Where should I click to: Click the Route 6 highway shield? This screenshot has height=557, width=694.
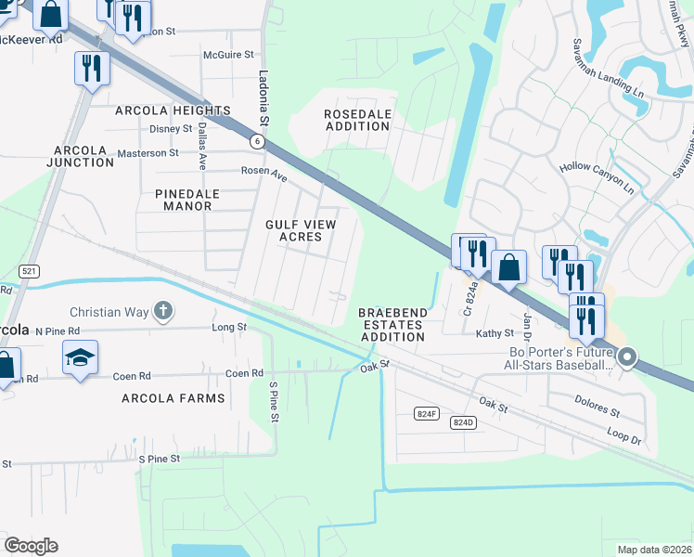(257, 141)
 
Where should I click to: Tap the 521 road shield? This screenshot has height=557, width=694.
(29, 270)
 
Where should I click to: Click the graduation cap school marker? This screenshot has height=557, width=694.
(80, 357)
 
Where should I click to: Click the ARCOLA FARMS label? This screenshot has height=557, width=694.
(173, 398)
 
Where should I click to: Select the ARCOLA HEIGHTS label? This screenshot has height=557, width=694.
(173, 110)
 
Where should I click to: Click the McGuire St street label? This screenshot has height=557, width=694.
(228, 55)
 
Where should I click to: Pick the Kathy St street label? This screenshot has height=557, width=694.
(495, 333)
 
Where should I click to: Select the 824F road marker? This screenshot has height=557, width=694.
(427, 414)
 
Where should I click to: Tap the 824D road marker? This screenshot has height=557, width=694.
(463, 422)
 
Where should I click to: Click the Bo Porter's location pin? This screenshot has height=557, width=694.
(627, 356)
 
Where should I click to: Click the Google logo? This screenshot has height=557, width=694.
(31, 546)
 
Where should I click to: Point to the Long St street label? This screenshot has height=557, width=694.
(229, 327)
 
